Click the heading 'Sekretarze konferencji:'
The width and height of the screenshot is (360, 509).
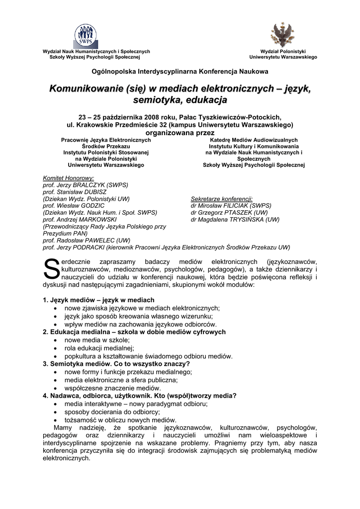pos(222,198)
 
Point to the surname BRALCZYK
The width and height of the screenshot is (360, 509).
pos(92,184)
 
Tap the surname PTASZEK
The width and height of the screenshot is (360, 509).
pos(234,212)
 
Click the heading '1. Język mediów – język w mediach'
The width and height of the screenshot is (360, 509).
pos(98,300)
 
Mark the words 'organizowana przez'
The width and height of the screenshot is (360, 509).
pos(180,133)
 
